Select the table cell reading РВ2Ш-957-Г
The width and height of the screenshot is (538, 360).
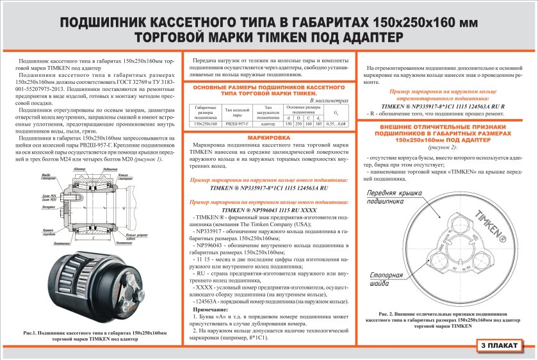tap(236, 124)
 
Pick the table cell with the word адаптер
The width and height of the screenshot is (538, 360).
tap(268, 124)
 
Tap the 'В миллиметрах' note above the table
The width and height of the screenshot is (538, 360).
tap(329, 101)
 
